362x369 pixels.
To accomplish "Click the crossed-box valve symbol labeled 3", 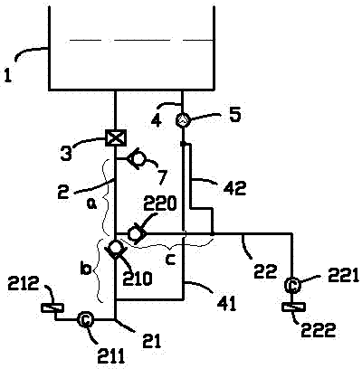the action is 116,138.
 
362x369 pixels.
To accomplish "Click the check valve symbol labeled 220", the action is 137,233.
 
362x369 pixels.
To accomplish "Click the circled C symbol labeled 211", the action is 85,320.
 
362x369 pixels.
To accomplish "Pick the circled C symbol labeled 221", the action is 292,285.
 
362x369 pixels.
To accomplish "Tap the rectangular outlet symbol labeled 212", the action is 52,307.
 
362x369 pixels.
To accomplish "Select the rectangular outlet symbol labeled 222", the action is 294,307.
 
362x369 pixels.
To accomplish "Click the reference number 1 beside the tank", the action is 8,75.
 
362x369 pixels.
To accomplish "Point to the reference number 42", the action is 234,187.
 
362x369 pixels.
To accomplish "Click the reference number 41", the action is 227,304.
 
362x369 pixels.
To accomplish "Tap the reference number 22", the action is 265,271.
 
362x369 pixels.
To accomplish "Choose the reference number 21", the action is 152,341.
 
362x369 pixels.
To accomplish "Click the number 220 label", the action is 159,204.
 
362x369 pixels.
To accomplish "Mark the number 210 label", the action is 137,279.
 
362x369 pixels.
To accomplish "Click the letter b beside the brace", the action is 87,269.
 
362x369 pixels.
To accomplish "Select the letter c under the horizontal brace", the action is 171,260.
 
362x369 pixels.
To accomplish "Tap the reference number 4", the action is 157,120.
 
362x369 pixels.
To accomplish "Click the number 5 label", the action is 234,115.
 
